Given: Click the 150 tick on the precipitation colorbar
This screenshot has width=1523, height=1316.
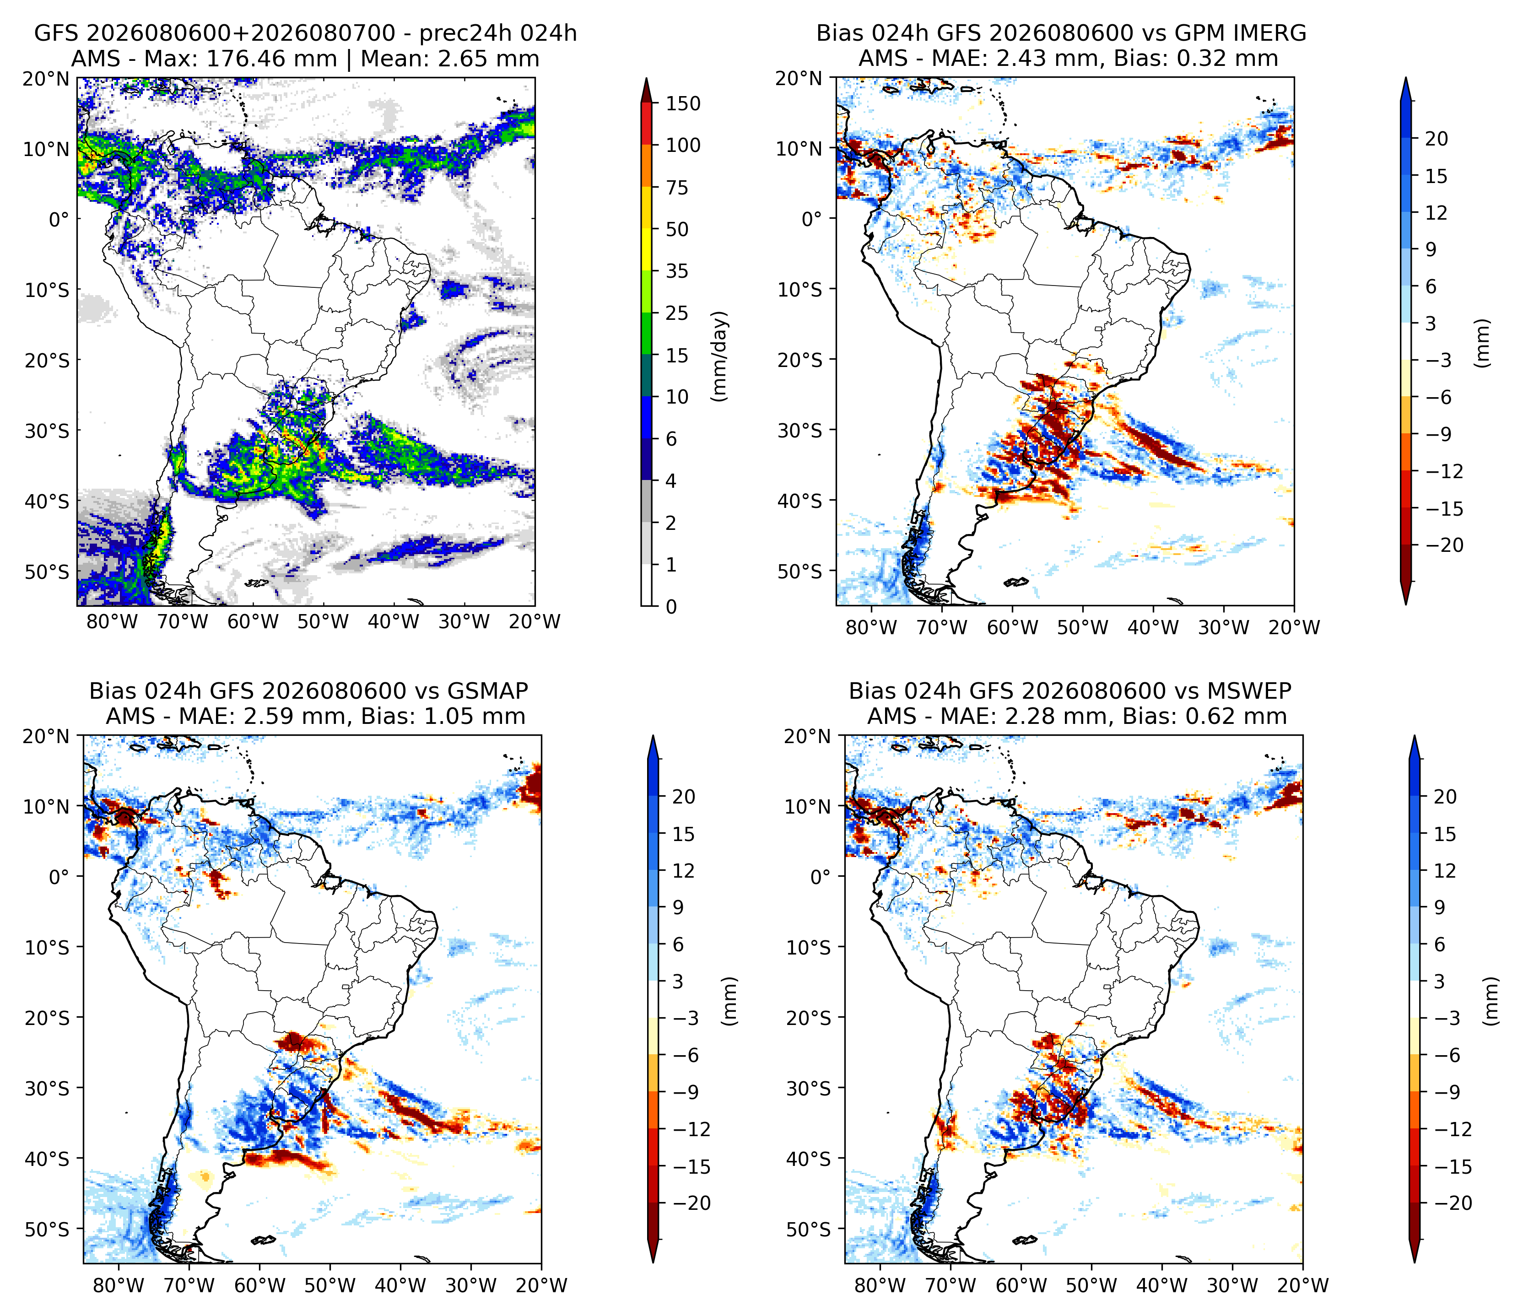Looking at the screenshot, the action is point(683,103).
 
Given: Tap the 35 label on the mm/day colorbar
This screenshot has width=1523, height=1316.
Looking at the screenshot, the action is point(677,271).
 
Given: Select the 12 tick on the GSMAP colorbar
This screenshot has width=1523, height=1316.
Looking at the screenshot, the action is point(683,871).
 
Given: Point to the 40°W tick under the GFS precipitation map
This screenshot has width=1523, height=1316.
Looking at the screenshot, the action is point(393,622).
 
